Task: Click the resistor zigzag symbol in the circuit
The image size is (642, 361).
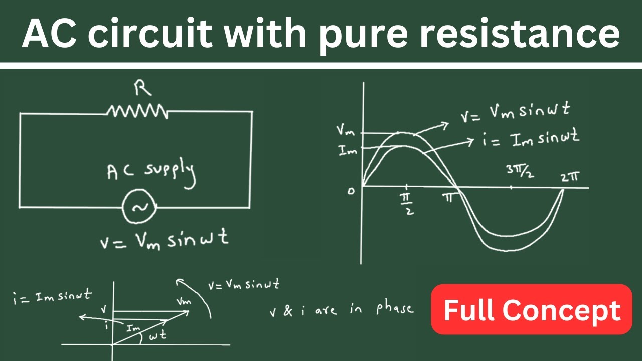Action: coord(137,111)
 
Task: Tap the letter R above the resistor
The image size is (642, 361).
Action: coord(142,88)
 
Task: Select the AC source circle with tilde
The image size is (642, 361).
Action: coord(139,206)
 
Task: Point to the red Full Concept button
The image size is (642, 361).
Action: coord(532,309)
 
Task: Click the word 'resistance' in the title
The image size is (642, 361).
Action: coord(520,33)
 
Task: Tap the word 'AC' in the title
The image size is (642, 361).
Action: coord(49,33)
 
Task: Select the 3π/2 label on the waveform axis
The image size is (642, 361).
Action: coord(520,172)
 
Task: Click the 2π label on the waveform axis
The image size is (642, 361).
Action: coord(570,177)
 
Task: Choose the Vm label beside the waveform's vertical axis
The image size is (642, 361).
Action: coord(346,131)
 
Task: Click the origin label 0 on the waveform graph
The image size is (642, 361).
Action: coord(351,191)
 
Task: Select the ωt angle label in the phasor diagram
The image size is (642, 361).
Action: coord(157,335)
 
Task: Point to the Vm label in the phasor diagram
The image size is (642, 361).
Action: coord(184,301)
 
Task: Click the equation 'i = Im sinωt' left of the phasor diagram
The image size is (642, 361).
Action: coord(53,297)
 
